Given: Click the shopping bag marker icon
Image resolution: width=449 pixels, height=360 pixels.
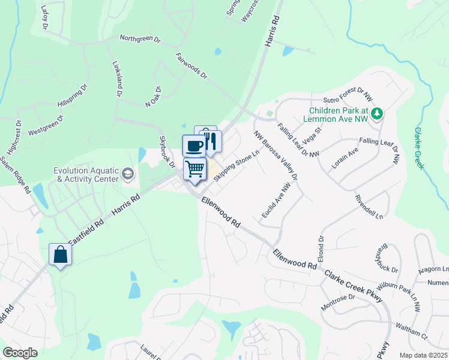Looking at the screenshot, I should pos(61,254).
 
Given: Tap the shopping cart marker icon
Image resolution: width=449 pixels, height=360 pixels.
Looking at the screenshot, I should pos(195,170).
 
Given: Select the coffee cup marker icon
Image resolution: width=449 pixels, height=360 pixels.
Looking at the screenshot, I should pos(194,146).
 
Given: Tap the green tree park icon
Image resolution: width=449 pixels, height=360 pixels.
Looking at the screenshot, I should pos(377,113).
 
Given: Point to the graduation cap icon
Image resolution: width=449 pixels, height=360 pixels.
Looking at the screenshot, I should pos(127,174).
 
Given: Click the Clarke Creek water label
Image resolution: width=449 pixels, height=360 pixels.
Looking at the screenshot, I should pos(419,148).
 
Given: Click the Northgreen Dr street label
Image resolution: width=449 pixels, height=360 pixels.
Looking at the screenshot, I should pos(140,39).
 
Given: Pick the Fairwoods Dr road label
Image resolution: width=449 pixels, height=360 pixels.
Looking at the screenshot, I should pos(191,67).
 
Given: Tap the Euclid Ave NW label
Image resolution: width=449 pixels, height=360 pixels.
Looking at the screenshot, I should pos(276,201).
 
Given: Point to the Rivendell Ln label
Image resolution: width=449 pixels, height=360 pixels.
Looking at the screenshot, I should pos(369,206).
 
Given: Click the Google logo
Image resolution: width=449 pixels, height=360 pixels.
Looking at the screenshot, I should pos(20,353).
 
